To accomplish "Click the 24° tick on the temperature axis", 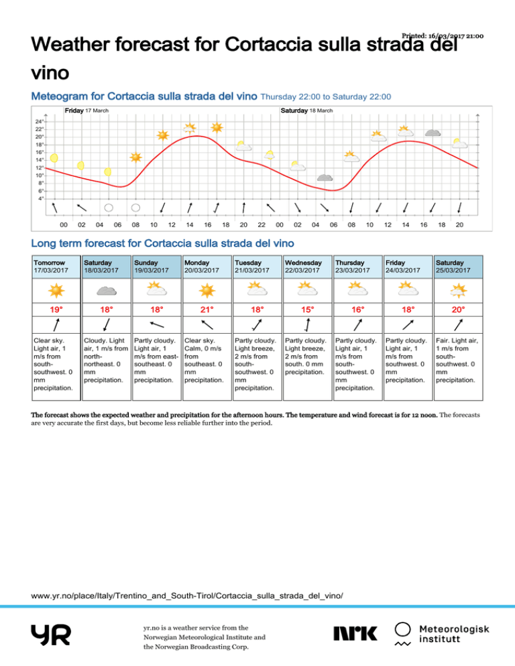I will click(40, 121).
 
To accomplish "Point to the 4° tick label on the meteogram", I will click(41, 198).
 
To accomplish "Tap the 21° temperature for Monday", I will click(207, 310).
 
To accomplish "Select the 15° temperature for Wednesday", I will click(307, 310).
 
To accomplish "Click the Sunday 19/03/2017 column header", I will click(156, 266).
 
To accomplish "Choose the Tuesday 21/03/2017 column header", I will click(257, 266).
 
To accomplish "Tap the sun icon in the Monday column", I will click(207, 289).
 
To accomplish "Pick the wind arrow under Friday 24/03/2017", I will click(407, 326).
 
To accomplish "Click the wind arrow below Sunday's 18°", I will click(156, 326).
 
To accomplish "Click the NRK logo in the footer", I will click(355, 632).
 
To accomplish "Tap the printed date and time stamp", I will click(443, 36).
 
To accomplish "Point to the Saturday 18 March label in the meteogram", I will click(306, 110).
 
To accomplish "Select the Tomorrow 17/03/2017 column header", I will click(56, 266).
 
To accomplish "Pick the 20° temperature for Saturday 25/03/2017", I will click(457, 310).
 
